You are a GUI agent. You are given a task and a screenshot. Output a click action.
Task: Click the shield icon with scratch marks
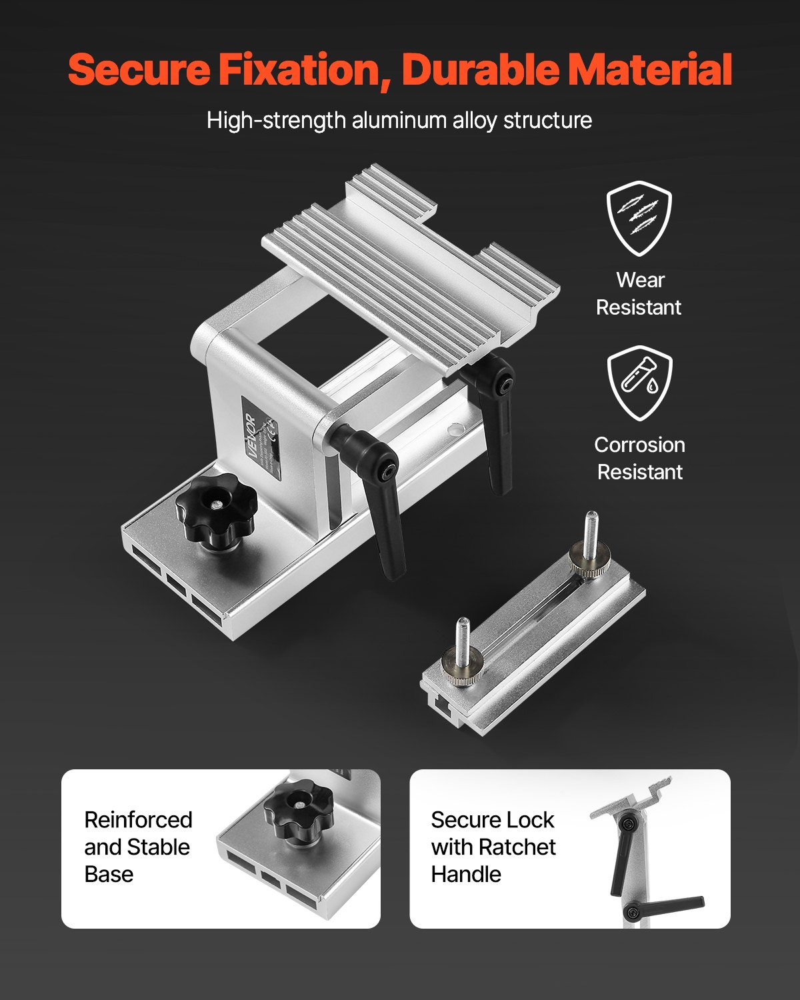[x=639, y=218]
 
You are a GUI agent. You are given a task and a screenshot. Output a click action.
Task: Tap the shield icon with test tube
[x=639, y=383]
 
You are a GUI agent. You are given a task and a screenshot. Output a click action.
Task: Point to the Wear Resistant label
[x=639, y=293]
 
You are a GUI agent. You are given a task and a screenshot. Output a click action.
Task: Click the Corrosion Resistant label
[x=639, y=458]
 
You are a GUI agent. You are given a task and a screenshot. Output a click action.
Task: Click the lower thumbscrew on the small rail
[x=461, y=667]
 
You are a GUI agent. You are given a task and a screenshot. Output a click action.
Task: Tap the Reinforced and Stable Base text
[x=138, y=847]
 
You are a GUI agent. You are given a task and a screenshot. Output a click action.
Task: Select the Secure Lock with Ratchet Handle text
[x=493, y=847]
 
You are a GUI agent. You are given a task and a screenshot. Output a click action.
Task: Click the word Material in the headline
[x=649, y=70]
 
